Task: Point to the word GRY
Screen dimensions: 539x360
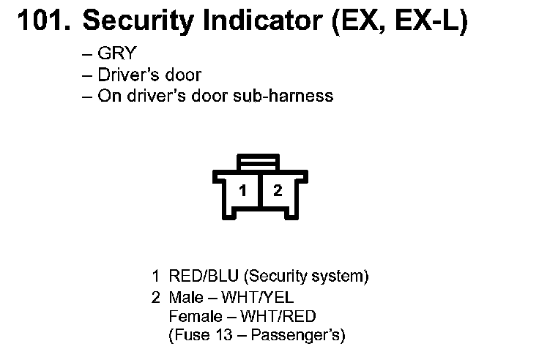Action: click(118, 53)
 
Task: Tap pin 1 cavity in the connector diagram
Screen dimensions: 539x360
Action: click(243, 191)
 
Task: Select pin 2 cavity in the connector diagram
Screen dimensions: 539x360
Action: click(278, 191)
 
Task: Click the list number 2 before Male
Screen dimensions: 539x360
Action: click(155, 297)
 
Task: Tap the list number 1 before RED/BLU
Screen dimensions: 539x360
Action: click(155, 277)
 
